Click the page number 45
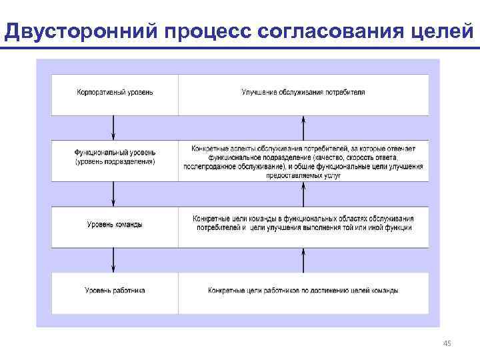pos(447,343)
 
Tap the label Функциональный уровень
pos(115,153)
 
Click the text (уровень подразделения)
pos(115,161)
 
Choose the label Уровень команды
pos(115,225)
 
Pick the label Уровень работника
pos(115,291)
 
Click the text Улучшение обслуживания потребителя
pos(303,92)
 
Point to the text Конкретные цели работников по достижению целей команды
pos(303,291)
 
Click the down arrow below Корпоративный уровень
pos(114,127)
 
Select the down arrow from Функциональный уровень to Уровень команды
pos(114,193)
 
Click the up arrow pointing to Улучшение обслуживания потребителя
pos(303,127)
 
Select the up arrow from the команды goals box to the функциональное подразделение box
pos(303,193)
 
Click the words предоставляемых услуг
pos(303,176)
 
